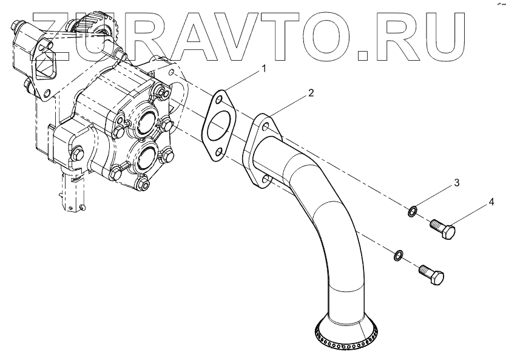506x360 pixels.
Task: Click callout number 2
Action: tap(311, 93)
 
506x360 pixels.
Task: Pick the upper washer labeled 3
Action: tap(412, 211)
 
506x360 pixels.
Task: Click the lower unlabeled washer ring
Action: tap(397, 254)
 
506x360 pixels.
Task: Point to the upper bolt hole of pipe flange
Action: tap(265, 126)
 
